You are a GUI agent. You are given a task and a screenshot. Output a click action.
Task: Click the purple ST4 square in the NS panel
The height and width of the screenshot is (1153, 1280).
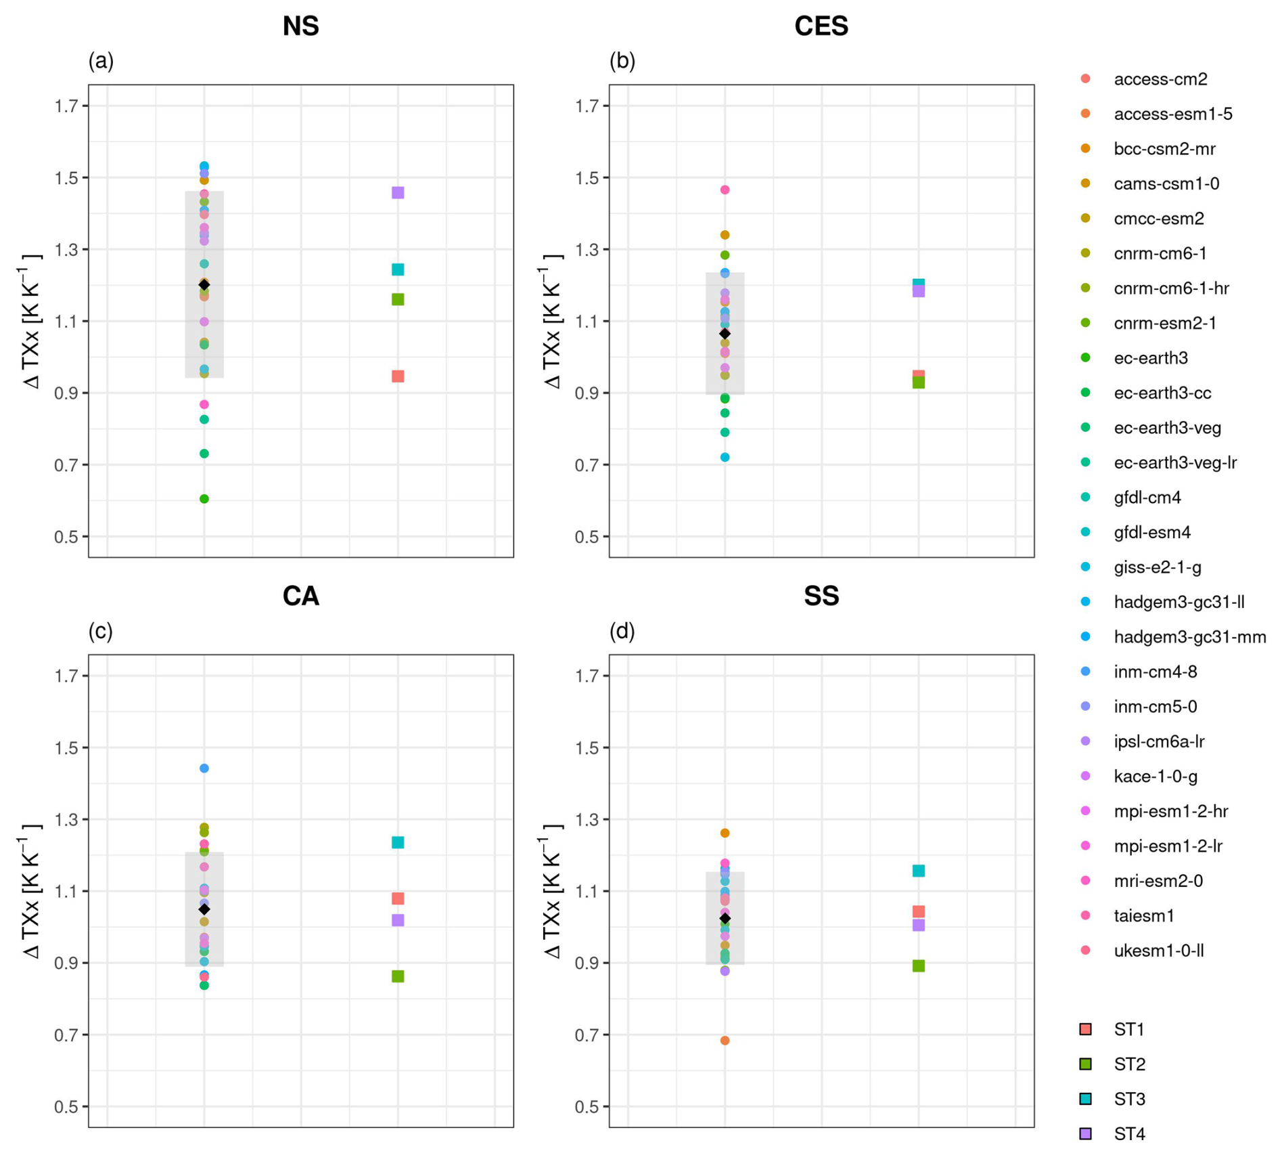(x=398, y=193)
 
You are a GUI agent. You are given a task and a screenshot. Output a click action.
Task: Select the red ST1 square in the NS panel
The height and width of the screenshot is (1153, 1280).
(x=398, y=376)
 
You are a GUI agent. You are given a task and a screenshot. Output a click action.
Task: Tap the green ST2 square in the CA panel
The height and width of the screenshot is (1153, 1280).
(x=398, y=976)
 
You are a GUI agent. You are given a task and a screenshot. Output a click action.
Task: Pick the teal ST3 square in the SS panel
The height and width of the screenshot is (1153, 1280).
(x=918, y=871)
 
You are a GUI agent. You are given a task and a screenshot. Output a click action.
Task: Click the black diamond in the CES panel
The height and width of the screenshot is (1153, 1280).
(x=725, y=334)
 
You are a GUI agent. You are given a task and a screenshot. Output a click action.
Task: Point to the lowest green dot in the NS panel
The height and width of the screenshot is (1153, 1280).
(x=204, y=499)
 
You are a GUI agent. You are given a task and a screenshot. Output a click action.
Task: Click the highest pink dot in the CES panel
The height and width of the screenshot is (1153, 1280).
(x=725, y=190)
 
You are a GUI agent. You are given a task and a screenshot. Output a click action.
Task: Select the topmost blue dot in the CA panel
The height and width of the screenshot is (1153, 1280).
(x=204, y=768)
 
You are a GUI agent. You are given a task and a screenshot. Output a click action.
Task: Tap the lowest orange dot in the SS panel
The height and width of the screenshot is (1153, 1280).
(x=725, y=1041)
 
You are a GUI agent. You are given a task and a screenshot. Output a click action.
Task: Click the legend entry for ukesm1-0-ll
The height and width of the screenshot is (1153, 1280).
(x=1158, y=951)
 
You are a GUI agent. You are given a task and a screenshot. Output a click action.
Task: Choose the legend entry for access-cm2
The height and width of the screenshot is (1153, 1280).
(x=1160, y=79)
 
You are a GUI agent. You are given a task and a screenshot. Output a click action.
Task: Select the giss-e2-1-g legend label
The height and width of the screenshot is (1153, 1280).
(x=1158, y=567)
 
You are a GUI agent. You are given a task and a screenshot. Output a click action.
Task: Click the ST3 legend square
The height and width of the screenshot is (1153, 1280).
(x=1086, y=1099)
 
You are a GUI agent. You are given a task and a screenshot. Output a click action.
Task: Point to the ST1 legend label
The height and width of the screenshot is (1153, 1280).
(x=1129, y=1029)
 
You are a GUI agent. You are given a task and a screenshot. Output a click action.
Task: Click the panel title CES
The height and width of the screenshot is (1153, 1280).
(x=821, y=26)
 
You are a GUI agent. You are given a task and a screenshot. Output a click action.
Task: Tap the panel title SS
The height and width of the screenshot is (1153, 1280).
(x=821, y=596)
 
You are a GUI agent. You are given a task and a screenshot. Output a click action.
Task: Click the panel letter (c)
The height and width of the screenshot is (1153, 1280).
(x=101, y=631)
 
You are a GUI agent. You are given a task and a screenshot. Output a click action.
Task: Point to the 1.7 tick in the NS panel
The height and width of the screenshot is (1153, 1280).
(x=67, y=106)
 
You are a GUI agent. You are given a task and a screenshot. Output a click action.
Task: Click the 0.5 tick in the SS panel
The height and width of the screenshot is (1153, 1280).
(x=588, y=1107)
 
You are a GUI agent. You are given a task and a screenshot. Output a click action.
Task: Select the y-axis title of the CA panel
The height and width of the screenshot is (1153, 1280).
(x=30, y=891)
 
